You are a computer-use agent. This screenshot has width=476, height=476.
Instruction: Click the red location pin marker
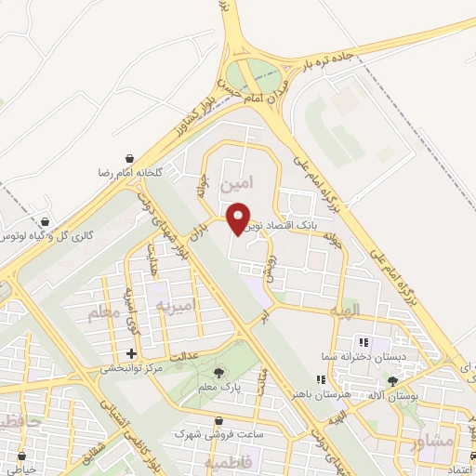(x=239, y=217)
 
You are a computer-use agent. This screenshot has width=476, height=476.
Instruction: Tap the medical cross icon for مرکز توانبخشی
(x=131, y=353)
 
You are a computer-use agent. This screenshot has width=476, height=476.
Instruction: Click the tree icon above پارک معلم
(x=218, y=374)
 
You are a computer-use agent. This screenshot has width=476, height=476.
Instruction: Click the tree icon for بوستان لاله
(x=394, y=381)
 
